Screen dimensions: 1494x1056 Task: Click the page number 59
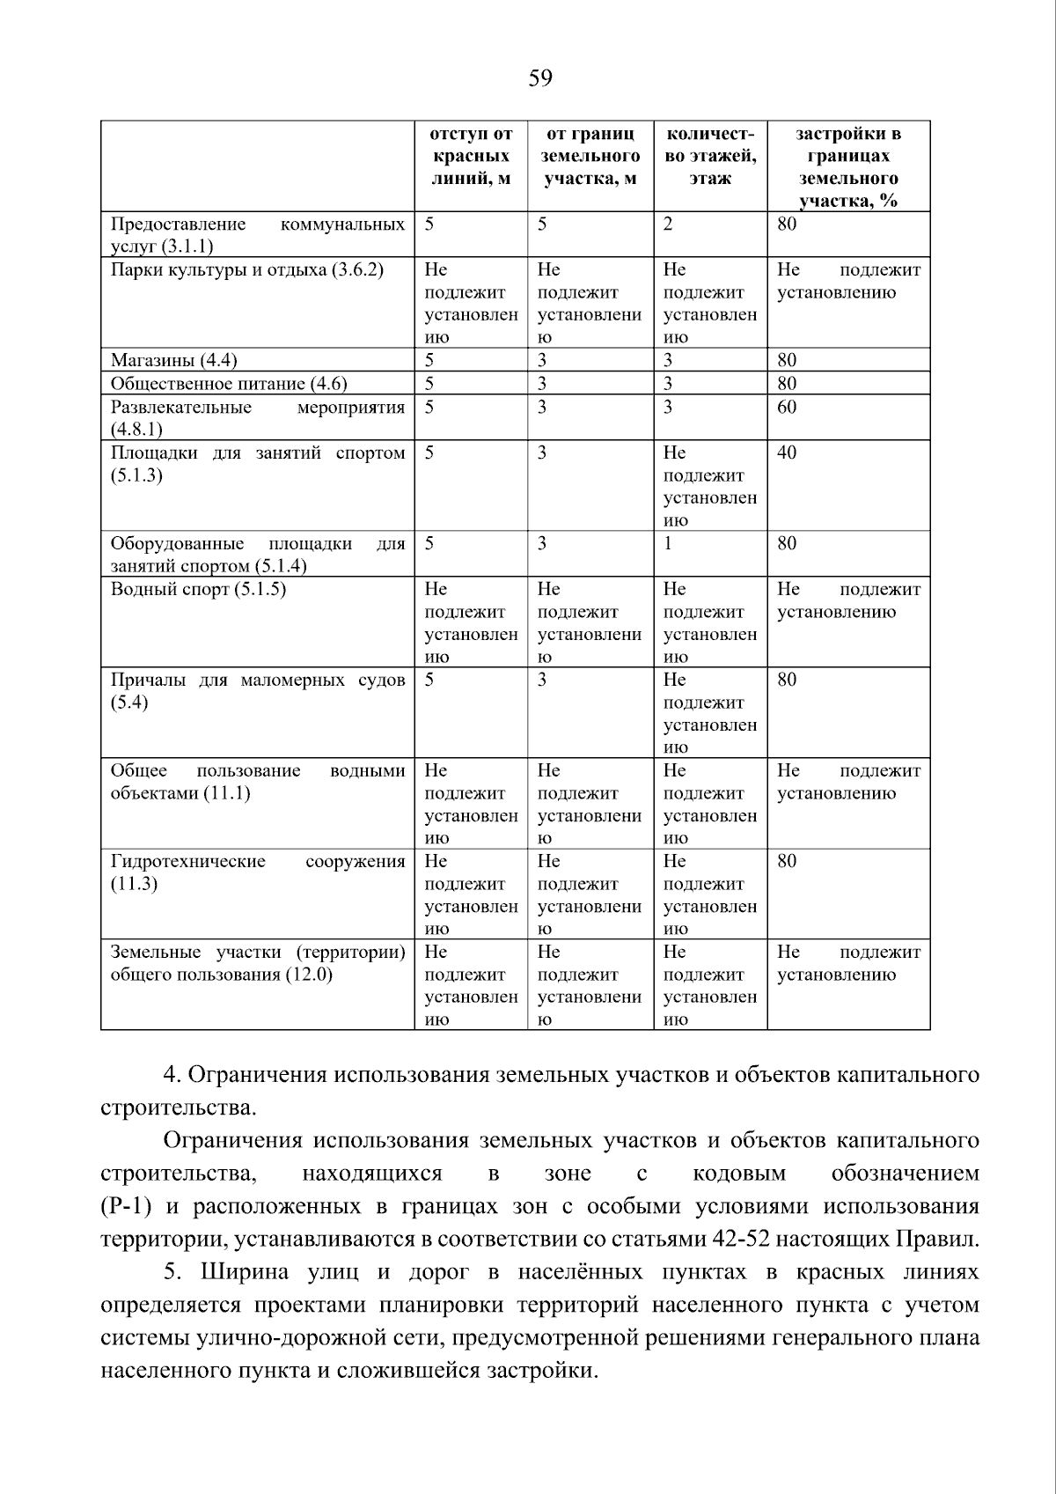coord(540,79)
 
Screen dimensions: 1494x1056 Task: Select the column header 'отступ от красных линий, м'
coord(471,157)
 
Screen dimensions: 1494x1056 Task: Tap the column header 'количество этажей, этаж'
coord(709,157)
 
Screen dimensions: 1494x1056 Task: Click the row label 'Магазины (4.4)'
coord(173,360)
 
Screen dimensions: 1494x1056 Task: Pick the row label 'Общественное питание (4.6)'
coord(228,384)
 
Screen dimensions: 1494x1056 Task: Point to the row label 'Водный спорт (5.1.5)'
coord(198,589)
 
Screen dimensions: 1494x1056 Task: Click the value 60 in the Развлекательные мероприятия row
coord(787,407)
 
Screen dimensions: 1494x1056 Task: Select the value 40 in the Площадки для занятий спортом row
coord(787,453)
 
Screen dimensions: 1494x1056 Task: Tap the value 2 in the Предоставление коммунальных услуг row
coord(668,224)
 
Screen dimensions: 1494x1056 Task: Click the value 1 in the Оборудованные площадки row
coord(668,543)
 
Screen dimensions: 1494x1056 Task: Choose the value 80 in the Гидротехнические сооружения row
coord(787,861)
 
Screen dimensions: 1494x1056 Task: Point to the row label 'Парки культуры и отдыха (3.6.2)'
coord(246,269)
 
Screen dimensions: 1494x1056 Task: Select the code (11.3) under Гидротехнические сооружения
coord(134,884)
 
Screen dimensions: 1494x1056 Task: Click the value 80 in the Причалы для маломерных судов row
coord(787,680)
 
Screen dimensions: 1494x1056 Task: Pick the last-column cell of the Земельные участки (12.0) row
coord(847,964)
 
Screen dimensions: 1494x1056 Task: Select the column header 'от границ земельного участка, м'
coord(590,157)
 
